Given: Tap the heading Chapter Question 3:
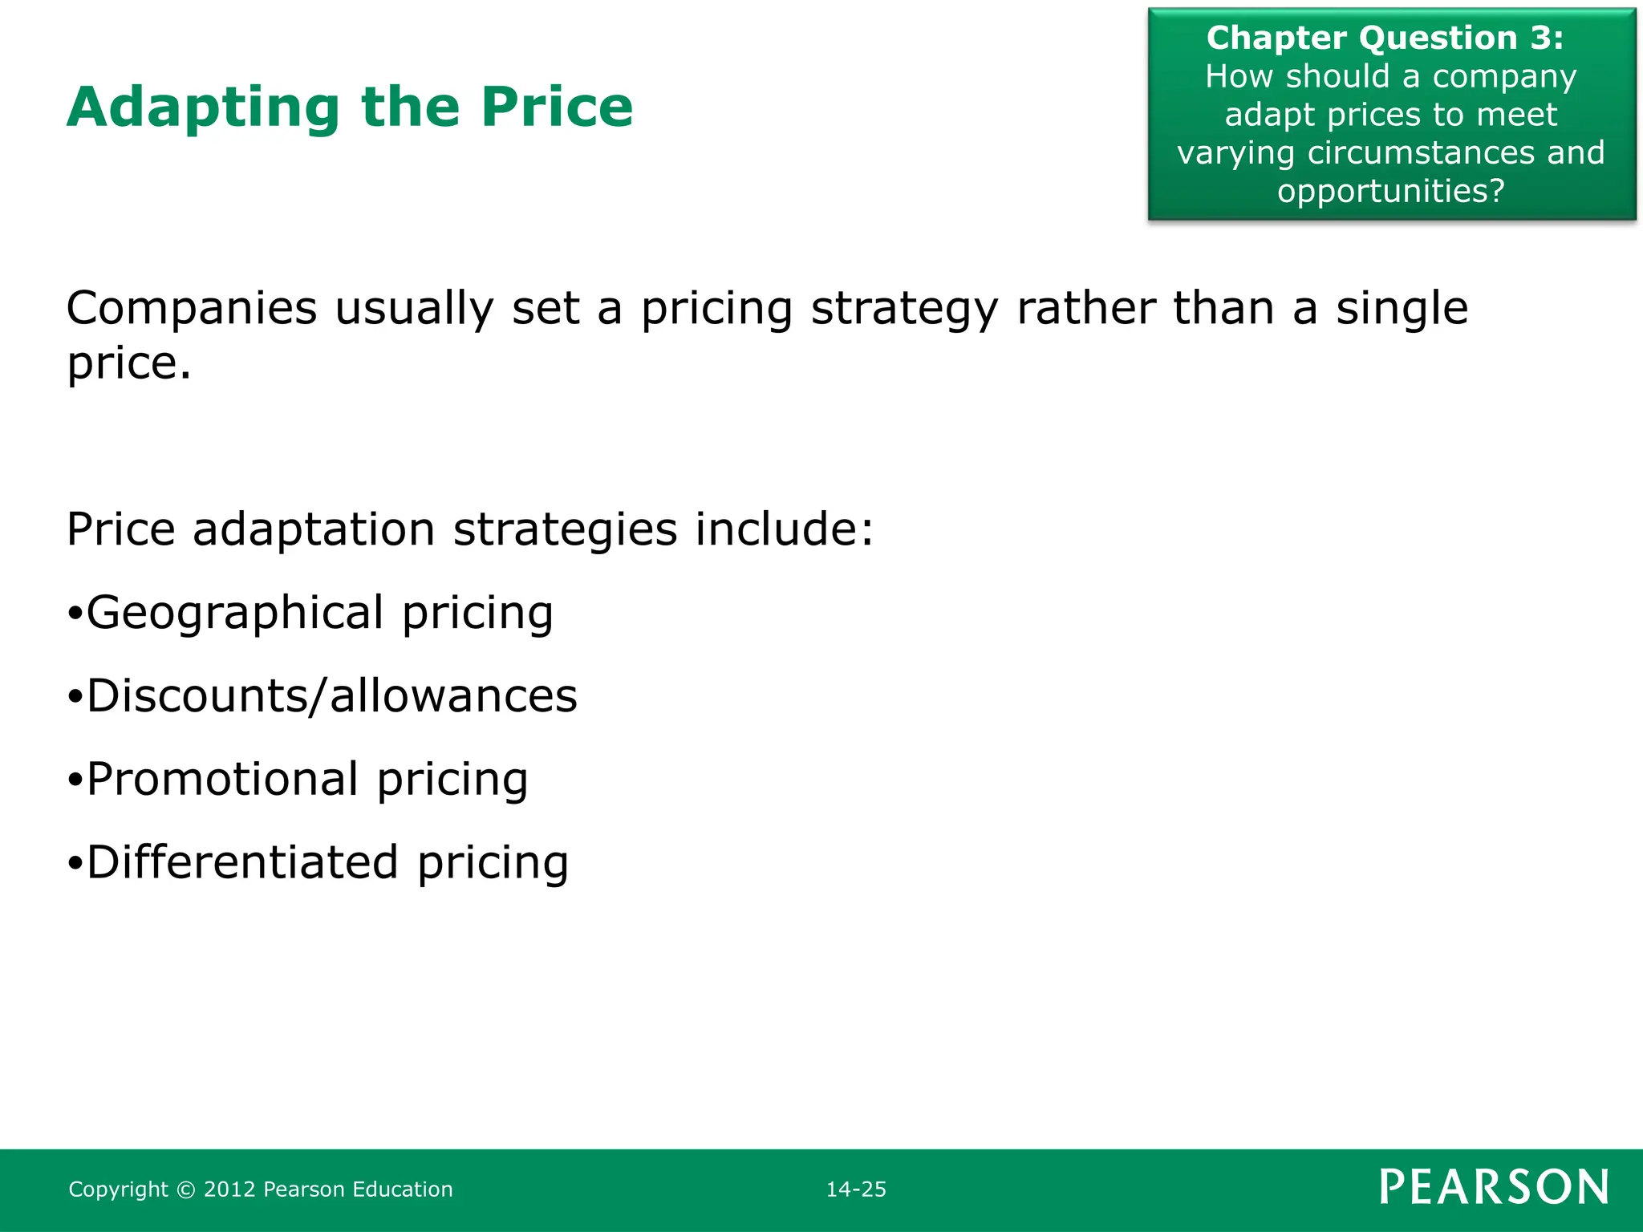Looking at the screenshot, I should point(1385,38).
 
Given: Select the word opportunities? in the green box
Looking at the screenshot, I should point(1391,191).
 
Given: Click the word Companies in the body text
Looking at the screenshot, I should point(192,308).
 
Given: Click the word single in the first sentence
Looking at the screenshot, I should point(1402,308).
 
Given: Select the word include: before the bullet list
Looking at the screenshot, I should point(784,529).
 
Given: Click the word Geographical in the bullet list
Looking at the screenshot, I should point(235,614).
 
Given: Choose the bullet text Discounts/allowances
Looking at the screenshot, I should point(331,695).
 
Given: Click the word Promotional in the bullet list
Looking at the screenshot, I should point(222,779).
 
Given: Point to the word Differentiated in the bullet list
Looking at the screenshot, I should point(242,862).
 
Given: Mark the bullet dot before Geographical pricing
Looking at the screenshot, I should point(75,615).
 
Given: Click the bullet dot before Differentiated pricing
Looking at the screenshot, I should point(75,865).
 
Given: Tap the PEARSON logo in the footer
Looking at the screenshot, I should point(1494,1187).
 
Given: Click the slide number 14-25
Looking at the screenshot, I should point(856,1189).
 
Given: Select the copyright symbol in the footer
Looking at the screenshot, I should point(185,1190).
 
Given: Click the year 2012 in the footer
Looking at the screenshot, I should point(229,1189).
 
